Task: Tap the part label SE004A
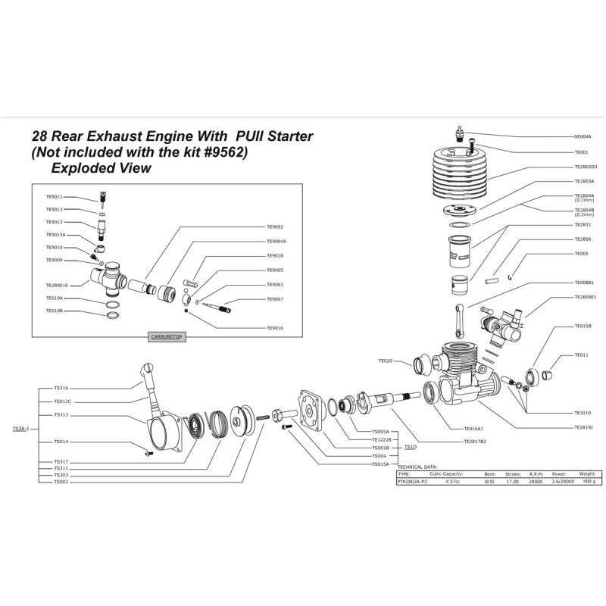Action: click(583, 136)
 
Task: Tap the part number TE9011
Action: click(54, 196)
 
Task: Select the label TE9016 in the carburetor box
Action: click(275, 328)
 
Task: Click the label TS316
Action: click(61, 388)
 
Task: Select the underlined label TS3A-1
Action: click(20, 428)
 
